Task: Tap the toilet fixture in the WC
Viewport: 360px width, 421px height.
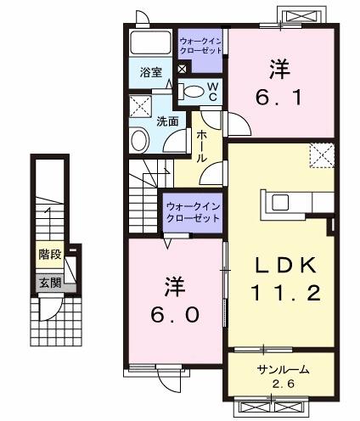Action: click(194, 91)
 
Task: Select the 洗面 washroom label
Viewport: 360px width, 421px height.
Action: click(167, 121)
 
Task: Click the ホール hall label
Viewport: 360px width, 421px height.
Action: click(204, 145)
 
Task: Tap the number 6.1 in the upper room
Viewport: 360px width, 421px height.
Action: click(278, 97)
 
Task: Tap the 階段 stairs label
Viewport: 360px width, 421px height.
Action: click(48, 254)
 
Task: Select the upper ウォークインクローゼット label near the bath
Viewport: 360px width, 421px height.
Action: click(200, 44)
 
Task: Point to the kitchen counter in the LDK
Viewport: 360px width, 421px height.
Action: click(297, 202)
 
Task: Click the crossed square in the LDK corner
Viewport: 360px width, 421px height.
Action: click(321, 154)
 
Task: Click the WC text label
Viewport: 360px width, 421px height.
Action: click(213, 92)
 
